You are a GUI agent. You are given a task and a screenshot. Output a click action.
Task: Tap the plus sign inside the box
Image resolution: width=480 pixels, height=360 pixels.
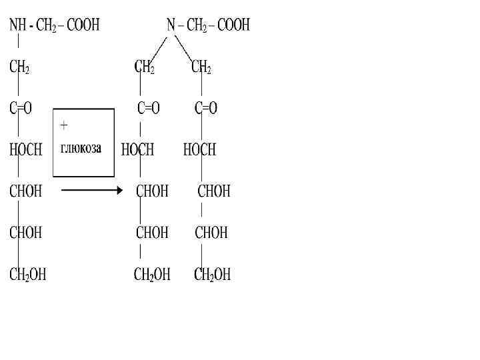(x=64, y=125)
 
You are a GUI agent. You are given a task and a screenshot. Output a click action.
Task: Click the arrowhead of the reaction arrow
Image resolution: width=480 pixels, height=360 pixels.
(x=119, y=191)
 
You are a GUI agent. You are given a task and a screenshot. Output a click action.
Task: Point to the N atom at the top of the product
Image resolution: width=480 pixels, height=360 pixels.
(x=171, y=25)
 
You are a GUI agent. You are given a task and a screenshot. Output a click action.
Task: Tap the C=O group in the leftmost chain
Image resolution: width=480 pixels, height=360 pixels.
(x=21, y=109)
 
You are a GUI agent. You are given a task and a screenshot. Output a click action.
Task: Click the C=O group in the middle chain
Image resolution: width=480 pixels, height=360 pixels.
(x=149, y=109)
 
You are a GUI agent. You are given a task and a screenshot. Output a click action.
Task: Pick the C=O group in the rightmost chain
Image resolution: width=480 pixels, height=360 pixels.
(x=206, y=109)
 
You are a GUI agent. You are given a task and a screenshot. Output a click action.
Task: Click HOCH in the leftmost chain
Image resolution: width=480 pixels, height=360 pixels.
(x=25, y=150)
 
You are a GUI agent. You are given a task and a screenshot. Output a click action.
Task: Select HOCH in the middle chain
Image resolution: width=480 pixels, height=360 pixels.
(x=137, y=150)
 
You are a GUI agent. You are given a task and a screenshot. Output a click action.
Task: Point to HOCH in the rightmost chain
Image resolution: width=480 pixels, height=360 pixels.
(x=199, y=150)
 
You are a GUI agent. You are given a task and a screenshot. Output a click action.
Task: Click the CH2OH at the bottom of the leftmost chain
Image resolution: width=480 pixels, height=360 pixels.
(x=27, y=274)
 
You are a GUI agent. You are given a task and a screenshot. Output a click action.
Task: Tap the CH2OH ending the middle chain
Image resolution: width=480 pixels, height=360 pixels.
(x=152, y=274)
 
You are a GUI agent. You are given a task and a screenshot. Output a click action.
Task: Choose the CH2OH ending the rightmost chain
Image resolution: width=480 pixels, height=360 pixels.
(x=213, y=274)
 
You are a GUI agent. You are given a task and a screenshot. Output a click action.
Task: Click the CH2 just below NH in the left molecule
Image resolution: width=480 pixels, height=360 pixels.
(x=19, y=67)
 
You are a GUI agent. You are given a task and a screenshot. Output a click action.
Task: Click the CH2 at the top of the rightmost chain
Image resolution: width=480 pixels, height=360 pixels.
(x=201, y=67)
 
